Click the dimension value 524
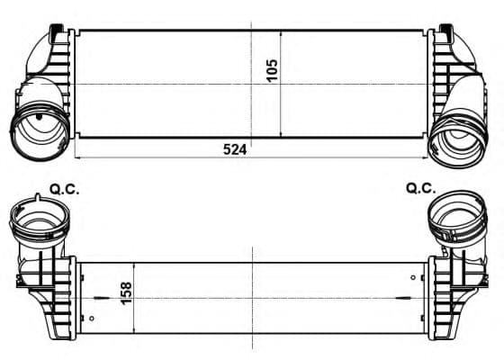coord(234,149)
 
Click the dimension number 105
coord(273,69)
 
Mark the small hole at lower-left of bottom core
coord(93,318)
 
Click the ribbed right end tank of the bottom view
coord(450,288)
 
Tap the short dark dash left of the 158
coord(101,295)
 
